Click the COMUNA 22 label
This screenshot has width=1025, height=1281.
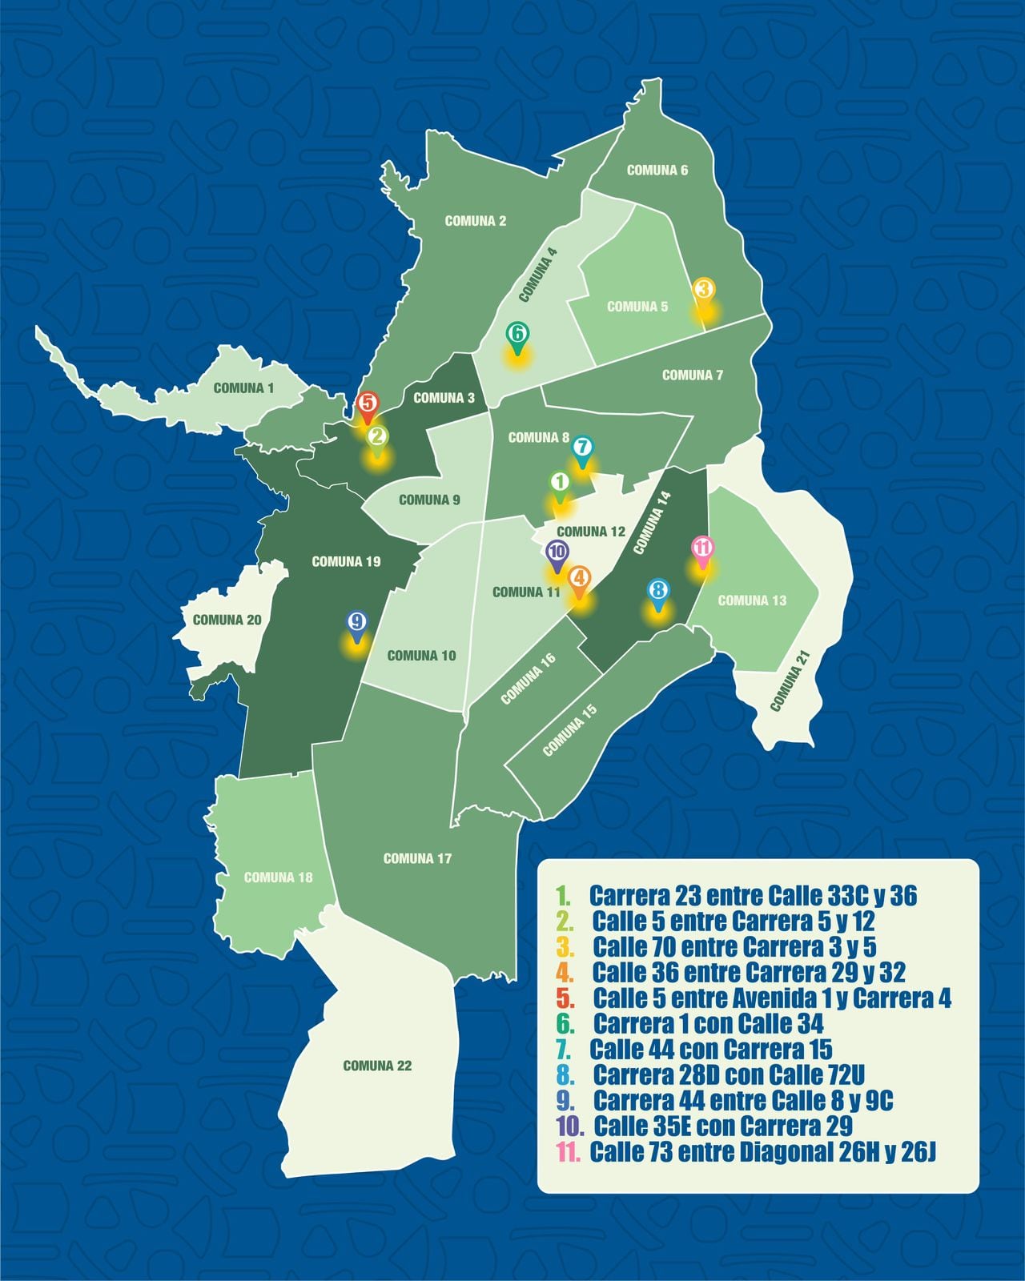(x=377, y=1066)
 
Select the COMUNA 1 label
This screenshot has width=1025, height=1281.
(x=243, y=388)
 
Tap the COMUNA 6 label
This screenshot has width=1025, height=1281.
(x=657, y=170)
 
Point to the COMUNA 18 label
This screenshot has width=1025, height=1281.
(x=278, y=877)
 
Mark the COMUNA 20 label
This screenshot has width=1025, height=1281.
(x=227, y=620)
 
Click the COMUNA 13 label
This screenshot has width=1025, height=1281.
(x=752, y=600)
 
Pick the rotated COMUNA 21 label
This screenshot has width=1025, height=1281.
(x=790, y=681)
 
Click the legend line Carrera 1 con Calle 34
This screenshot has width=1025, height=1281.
(x=708, y=1023)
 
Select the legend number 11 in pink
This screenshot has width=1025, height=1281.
(x=569, y=1152)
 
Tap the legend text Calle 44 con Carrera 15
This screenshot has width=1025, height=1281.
(x=710, y=1049)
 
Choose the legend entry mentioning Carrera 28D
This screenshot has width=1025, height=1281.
(x=729, y=1074)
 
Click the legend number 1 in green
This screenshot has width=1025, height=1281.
(x=564, y=895)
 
